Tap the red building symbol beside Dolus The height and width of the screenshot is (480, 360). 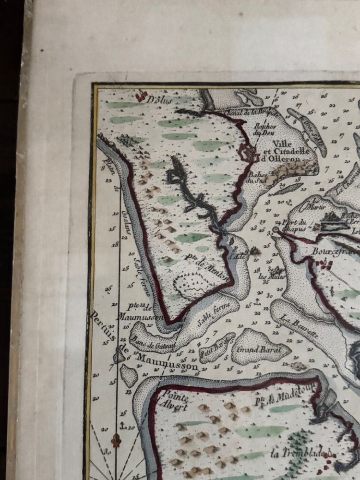(x=141, y=96)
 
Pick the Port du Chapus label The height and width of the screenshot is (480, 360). (x=294, y=226)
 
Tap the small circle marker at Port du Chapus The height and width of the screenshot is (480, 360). (x=276, y=230)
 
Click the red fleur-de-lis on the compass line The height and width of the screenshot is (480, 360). (x=116, y=440)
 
